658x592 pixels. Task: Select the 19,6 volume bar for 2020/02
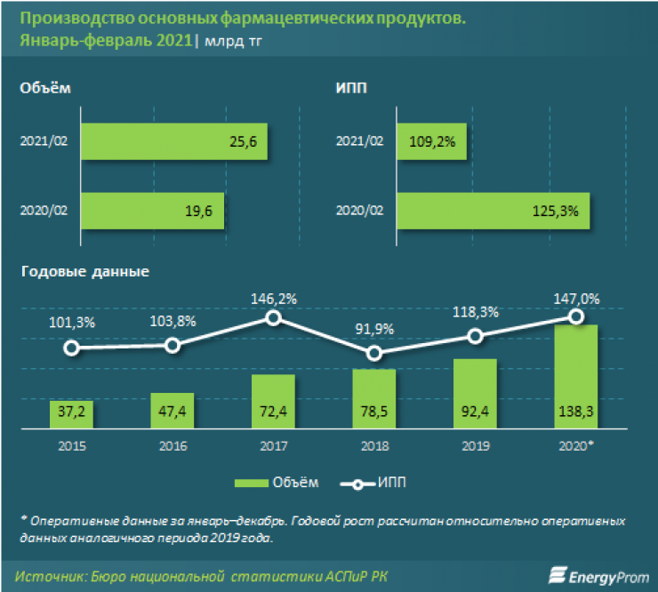pos(153,212)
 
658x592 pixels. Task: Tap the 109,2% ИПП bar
pos(432,142)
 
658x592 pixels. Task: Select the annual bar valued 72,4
pos(274,400)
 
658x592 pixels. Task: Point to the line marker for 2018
pos(374,353)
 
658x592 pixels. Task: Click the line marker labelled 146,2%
pos(274,318)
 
